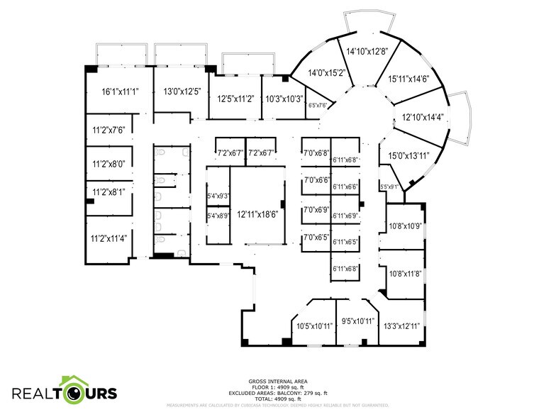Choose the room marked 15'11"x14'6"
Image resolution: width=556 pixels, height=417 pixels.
click(x=408, y=80)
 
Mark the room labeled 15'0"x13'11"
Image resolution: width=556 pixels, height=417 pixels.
click(x=408, y=155)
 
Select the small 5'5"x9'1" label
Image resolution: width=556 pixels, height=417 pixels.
click(x=389, y=187)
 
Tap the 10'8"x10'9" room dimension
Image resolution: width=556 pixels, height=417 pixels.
click(x=405, y=227)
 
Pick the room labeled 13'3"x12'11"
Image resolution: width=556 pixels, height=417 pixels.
click(x=401, y=326)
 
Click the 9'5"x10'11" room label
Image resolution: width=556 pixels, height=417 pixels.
click(x=357, y=321)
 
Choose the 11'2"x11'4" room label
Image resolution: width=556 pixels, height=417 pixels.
click(x=109, y=239)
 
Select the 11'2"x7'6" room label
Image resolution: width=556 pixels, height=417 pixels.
click(x=109, y=130)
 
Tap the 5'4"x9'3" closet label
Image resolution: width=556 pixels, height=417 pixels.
click(x=218, y=196)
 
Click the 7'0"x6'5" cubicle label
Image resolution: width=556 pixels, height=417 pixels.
click(x=316, y=238)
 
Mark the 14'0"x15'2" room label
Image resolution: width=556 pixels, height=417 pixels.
click(x=326, y=72)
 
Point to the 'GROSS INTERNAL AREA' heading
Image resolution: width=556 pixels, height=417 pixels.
click(x=277, y=381)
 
